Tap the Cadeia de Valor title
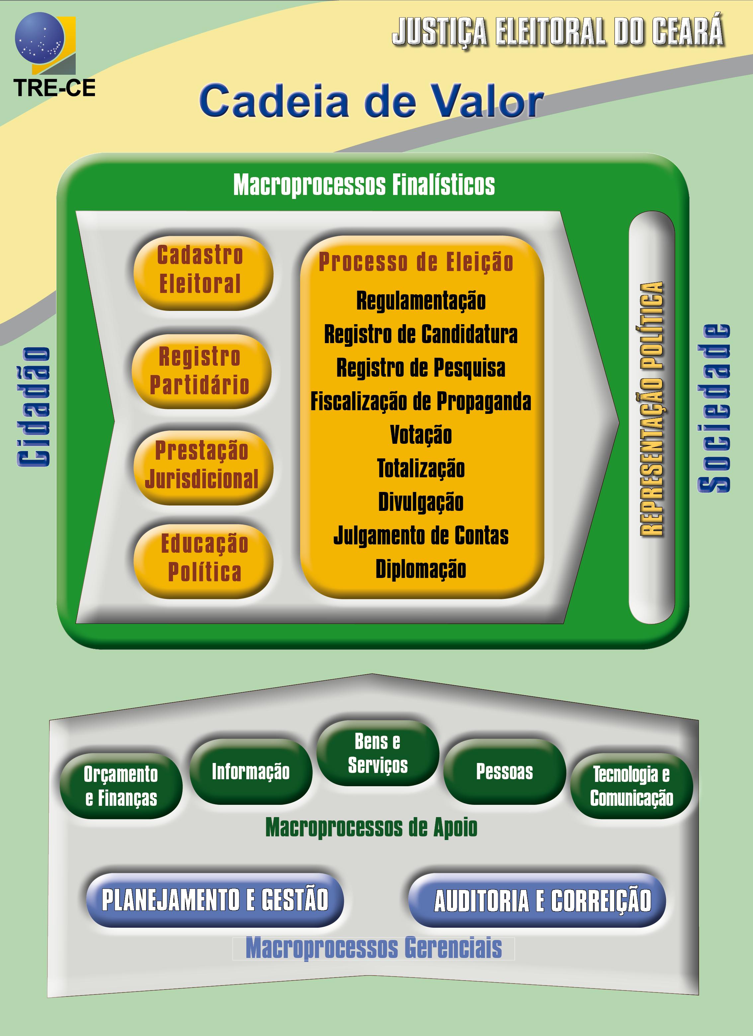pyautogui.click(x=371, y=101)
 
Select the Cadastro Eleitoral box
pyautogui.click(x=203, y=273)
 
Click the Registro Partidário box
pyautogui.click(x=201, y=371)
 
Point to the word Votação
pyautogui.click(x=421, y=434)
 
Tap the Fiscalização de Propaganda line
pyautogui.click(x=421, y=401)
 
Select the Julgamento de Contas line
pyautogui.click(x=421, y=535)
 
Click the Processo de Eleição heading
pyautogui.click(x=416, y=262)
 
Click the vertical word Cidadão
pyautogui.click(x=33, y=406)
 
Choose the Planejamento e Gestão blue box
pyautogui.click(x=214, y=899)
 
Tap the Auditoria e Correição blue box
pyautogui.click(x=537, y=900)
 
